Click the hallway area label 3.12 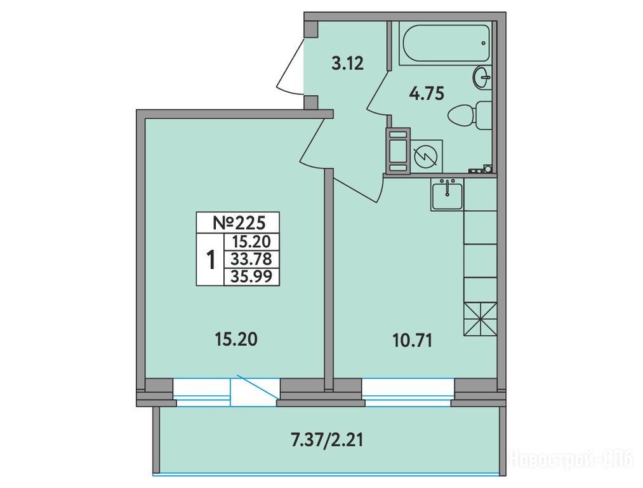tap(347, 64)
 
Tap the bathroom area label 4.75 tap(427, 94)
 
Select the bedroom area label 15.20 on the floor tap(235, 339)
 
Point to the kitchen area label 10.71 tap(413, 341)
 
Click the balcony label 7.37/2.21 tap(327, 440)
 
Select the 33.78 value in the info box tap(251, 259)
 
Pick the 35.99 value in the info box tap(251, 276)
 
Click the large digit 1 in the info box tap(211, 259)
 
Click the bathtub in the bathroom tap(445, 43)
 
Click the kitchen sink tap(447, 195)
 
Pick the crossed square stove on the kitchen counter tap(481, 320)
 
